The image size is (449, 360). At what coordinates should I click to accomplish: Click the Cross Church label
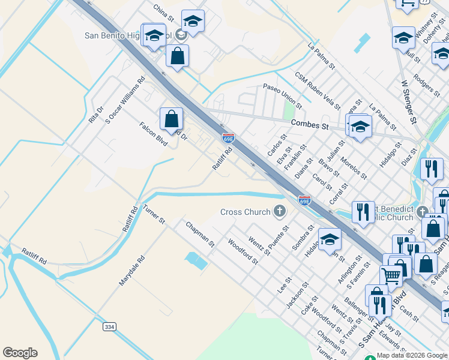click(x=246, y=212)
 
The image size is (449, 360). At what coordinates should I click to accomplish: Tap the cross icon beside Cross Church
click(x=279, y=211)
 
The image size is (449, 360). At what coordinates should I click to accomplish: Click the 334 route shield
click(x=109, y=326)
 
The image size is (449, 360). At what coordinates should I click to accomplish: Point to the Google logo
click(x=20, y=353)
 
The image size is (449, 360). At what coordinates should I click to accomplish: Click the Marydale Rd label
click(x=132, y=271)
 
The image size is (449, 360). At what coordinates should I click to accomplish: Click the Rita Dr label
click(x=96, y=115)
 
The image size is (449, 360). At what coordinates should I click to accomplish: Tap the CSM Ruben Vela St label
click(x=317, y=92)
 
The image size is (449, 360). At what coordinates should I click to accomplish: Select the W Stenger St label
click(x=409, y=101)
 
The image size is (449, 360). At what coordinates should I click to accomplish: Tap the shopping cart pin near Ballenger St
click(x=391, y=277)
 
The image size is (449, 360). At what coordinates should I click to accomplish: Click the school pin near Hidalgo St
click(x=330, y=239)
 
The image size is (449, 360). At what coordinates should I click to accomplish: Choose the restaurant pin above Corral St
click(x=363, y=211)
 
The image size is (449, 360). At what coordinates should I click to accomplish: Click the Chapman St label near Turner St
click(x=200, y=235)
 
